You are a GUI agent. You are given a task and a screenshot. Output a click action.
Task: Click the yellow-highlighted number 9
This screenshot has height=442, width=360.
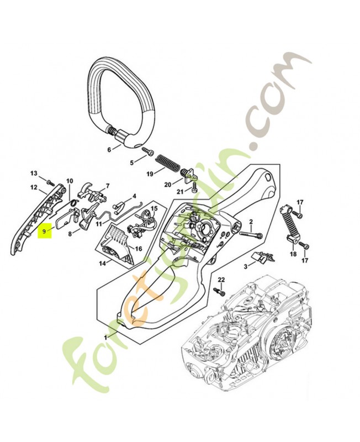point(44,231)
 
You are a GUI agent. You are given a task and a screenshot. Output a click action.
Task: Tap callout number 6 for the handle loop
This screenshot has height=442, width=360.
point(109,150)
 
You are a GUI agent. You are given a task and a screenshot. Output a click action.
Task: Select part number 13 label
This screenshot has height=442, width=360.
point(34,173)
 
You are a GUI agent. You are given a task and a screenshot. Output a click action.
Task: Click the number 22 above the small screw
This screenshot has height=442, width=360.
point(221,280)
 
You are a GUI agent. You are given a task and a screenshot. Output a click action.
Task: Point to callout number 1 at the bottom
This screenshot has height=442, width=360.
point(105,337)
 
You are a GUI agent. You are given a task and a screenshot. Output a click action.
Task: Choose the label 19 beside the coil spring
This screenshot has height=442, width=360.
point(150,174)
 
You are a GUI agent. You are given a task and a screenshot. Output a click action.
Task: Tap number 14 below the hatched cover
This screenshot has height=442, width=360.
point(102,264)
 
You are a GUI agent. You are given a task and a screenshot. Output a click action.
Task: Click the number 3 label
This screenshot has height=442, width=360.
point(245,266)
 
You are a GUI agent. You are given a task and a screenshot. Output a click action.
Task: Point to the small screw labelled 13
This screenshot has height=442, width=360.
point(50,182)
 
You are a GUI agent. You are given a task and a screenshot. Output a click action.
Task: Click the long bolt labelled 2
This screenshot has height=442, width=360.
point(251,234)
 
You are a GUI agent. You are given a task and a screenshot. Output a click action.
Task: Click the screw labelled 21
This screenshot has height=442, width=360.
point(194,187)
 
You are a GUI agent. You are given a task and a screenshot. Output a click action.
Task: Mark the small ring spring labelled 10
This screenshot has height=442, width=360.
point(73,202)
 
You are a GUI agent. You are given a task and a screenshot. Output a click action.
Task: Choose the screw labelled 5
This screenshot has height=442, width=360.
point(148,151)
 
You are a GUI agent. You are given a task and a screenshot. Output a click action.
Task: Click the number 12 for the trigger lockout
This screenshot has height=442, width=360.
point(34,187)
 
